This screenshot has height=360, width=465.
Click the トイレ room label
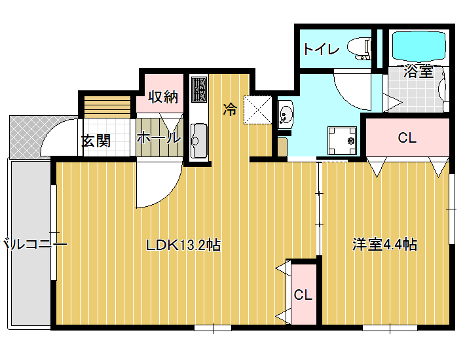321,49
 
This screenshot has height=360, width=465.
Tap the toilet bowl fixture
359,48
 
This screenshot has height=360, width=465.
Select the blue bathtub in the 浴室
419,46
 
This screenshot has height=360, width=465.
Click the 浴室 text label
418,71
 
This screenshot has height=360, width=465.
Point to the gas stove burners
199,89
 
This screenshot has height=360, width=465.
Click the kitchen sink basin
199,141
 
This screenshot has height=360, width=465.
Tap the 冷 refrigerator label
230,109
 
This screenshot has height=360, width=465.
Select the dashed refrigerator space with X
257,109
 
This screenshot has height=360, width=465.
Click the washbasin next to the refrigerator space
286,115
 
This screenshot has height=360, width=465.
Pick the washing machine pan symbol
342,141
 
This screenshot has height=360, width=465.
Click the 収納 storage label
163,97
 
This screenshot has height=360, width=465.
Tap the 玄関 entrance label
96,141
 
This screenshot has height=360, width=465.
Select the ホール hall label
158,137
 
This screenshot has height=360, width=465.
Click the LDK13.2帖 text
183,245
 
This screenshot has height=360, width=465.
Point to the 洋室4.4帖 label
384,245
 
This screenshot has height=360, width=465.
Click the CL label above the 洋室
407,137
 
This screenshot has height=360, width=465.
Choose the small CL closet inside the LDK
304,295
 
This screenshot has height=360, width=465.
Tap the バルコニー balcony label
35,245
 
